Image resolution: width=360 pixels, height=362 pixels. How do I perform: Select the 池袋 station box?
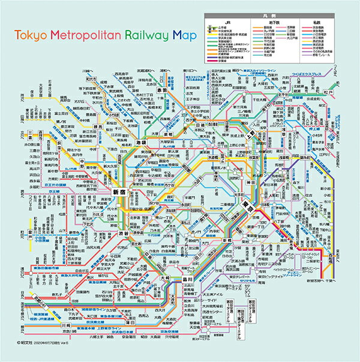click(x=142, y=145)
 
